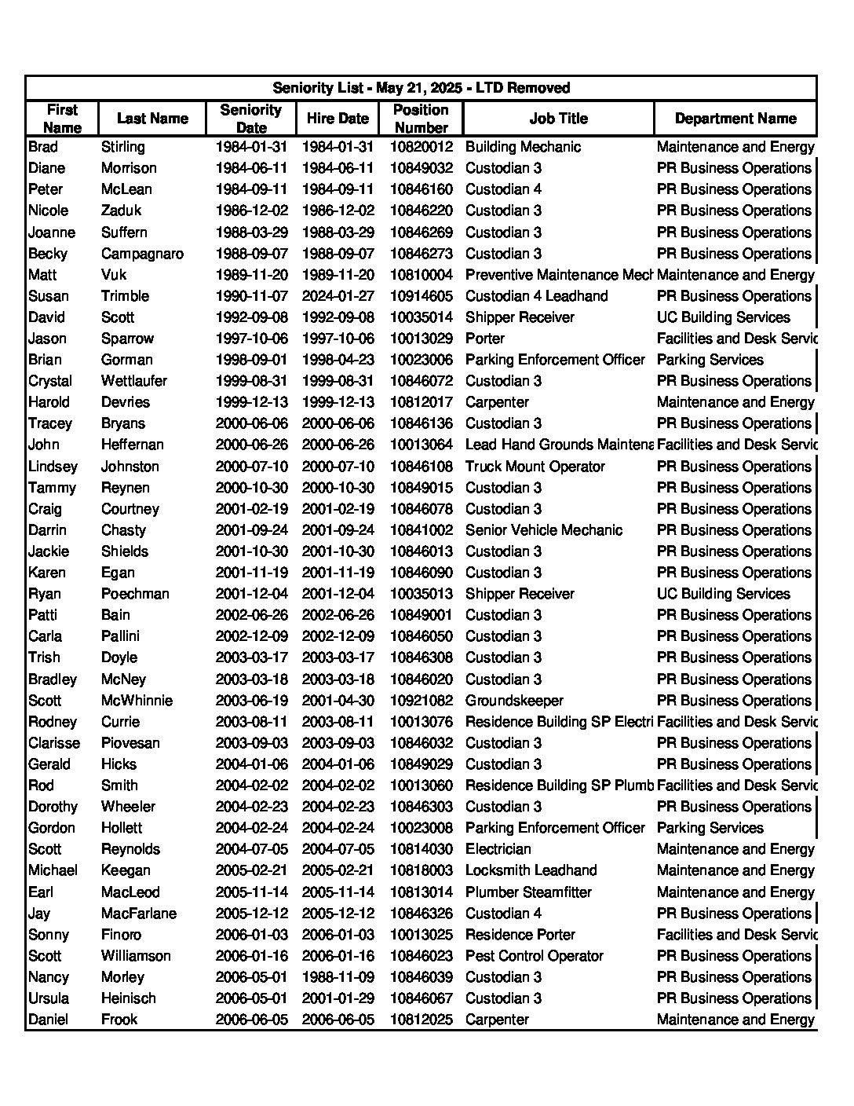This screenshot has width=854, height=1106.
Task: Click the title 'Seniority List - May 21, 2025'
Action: [x=421, y=88]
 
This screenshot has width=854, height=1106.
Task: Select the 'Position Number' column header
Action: [x=421, y=119]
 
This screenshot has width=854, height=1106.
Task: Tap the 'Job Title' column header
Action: [x=558, y=119]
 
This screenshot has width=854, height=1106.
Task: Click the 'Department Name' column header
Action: [x=735, y=119]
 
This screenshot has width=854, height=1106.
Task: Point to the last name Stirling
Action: [x=123, y=147]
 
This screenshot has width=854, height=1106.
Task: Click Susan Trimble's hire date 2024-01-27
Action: [x=338, y=296]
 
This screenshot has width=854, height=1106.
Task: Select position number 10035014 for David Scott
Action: [x=422, y=317]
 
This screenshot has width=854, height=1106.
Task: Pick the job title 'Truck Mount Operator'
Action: [x=535, y=467]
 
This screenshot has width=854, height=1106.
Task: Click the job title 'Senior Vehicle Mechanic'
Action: [x=544, y=530]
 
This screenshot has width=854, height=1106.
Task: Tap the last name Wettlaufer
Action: [x=134, y=381]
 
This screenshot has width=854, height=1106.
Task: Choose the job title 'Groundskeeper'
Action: [x=514, y=701]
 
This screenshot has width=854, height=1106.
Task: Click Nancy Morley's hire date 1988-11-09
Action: [x=338, y=977]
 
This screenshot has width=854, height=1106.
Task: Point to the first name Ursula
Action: [x=49, y=998]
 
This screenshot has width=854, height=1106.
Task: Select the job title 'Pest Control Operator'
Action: [x=535, y=956]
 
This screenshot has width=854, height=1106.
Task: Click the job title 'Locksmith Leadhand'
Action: [x=531, y=870]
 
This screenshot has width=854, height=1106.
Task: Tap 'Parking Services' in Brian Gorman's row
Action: [x=710, y=360]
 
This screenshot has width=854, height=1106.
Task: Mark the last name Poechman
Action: [x=135, y=594]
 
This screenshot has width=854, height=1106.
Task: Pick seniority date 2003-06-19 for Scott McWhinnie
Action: [x=252, y=701]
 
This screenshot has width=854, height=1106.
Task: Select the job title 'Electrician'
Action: [x=498, y=849]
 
